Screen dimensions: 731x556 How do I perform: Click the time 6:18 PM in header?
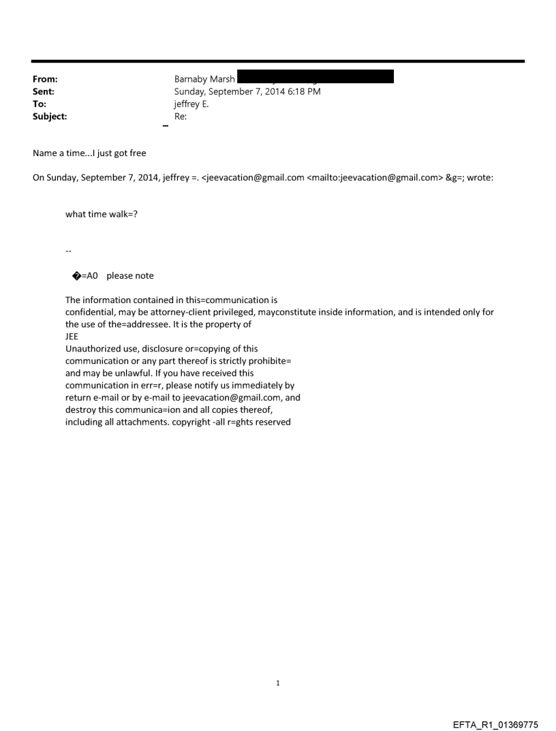(303, 91)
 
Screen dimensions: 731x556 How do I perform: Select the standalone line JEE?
(72, 336)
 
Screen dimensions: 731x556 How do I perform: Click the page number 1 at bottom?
(278, 683)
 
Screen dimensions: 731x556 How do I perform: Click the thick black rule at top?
(278, 61)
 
